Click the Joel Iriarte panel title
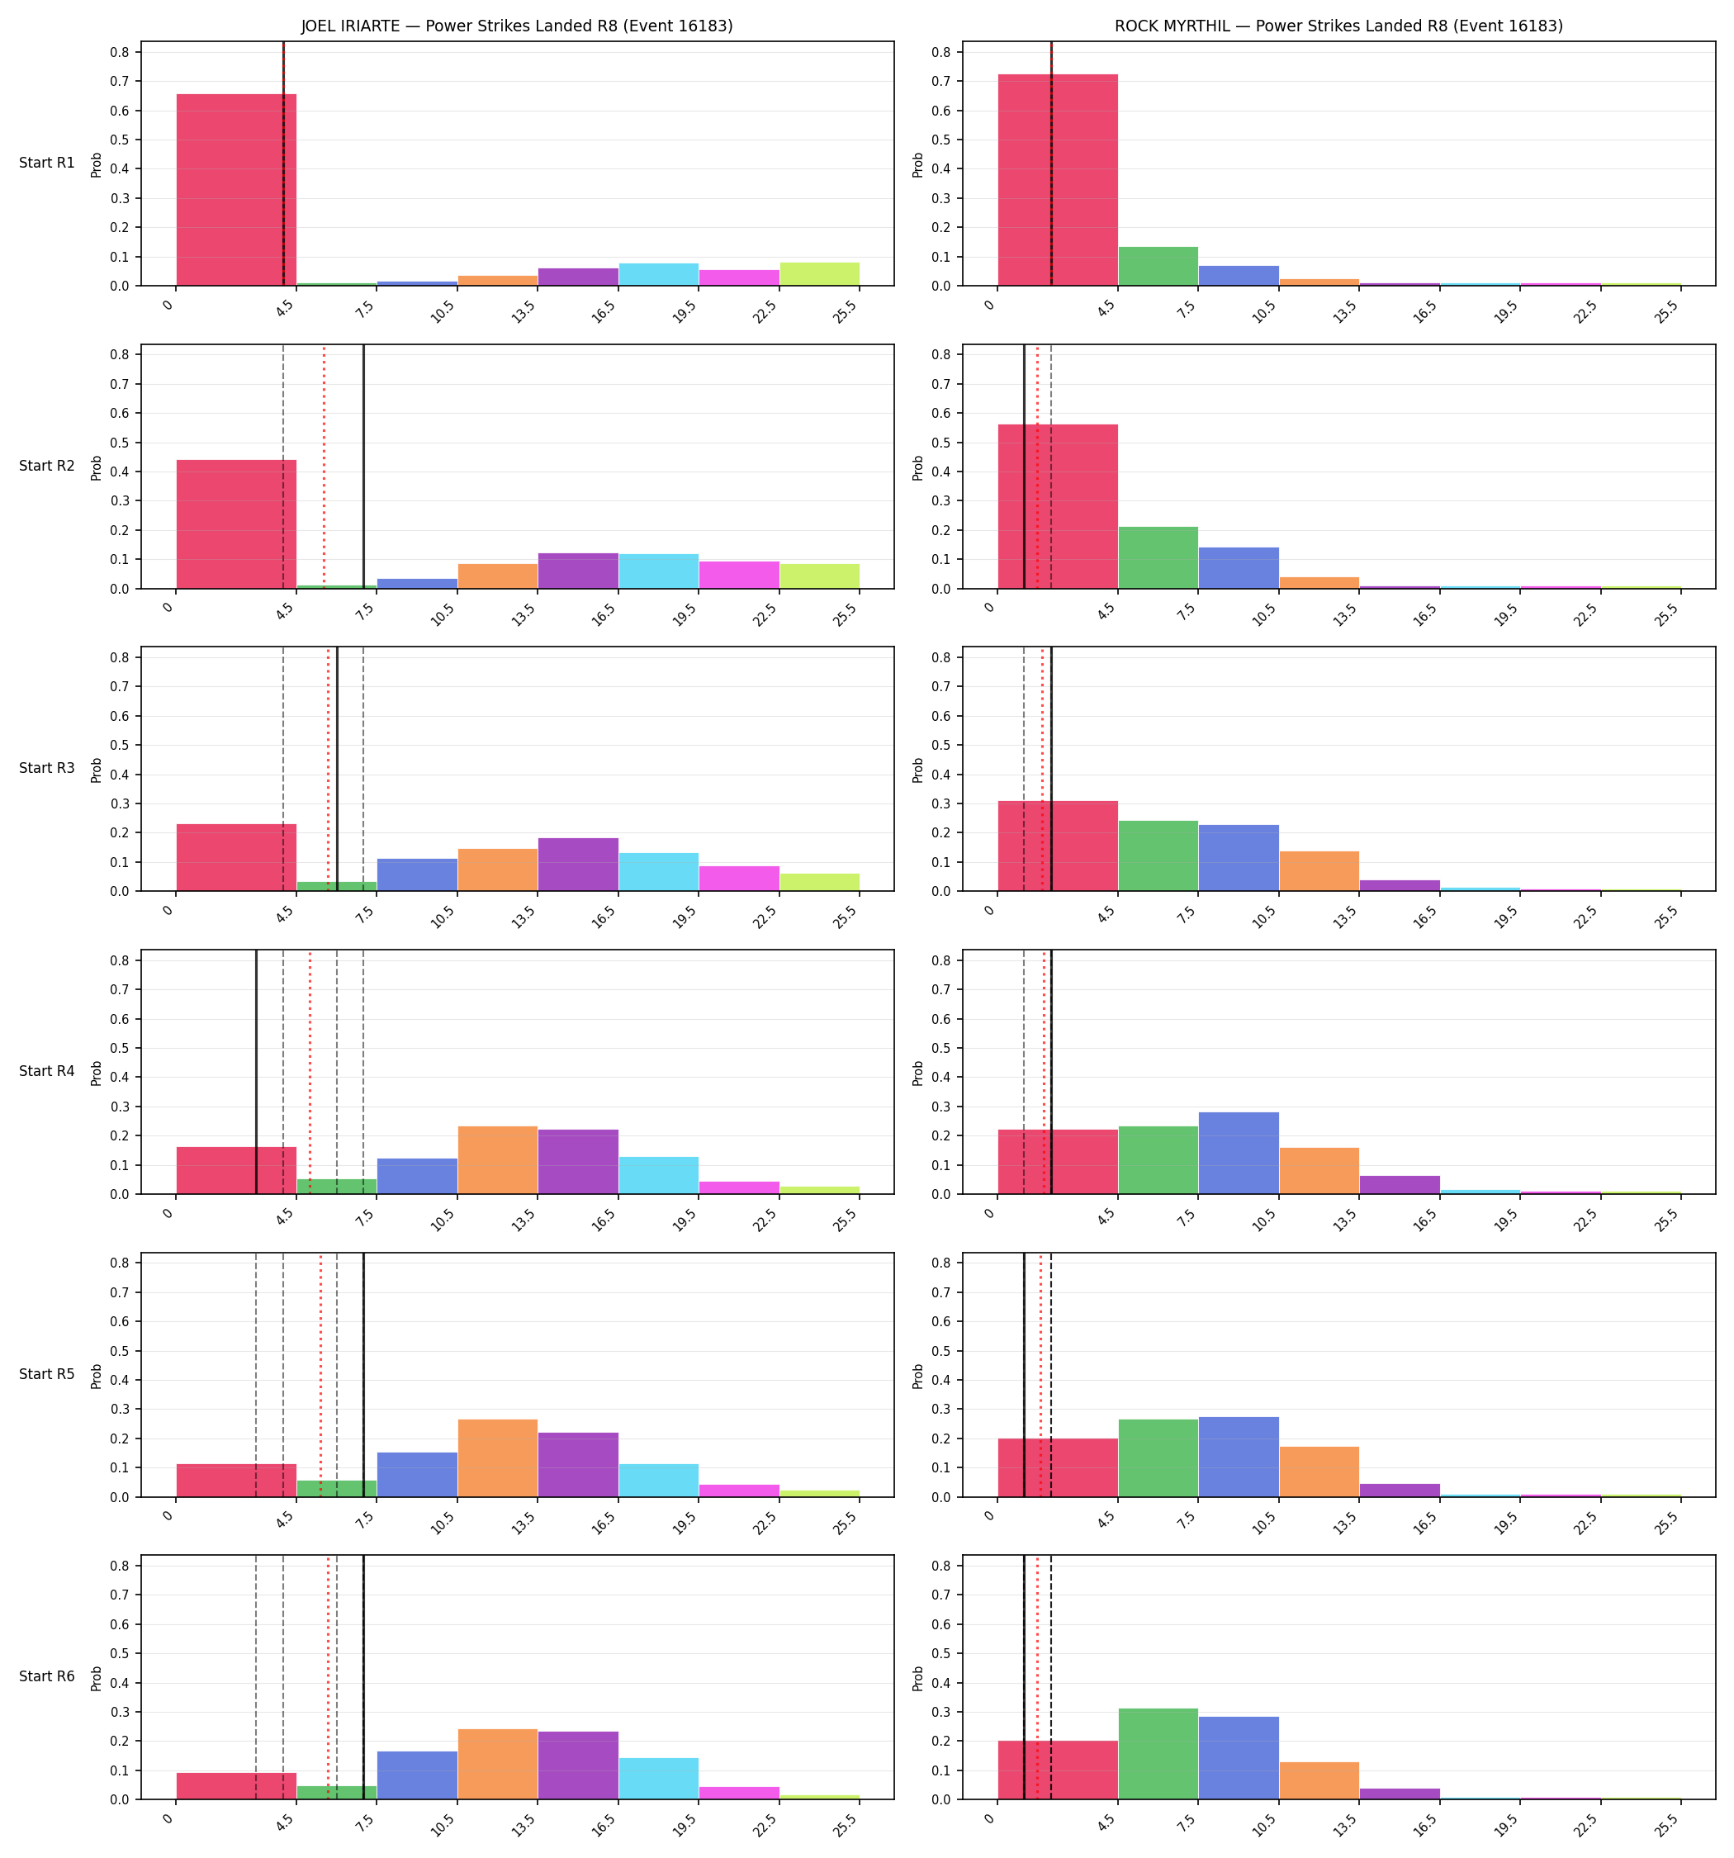point(517,26)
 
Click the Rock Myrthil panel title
point(1338,26)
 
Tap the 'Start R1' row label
point(47,163)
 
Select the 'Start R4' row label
point(47,1071)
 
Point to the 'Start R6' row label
point(47,1676)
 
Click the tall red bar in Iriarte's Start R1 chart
point(236,190)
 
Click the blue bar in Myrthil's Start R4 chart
point(1239,1154)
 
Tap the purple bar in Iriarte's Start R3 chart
point(578,865)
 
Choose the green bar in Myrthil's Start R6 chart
point(1158,1754)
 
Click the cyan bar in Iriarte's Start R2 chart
point(658,571)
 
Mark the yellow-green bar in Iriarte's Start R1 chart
point(819,274)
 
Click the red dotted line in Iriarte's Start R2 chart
point(325,467)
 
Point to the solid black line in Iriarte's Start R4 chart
point(256,1072)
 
